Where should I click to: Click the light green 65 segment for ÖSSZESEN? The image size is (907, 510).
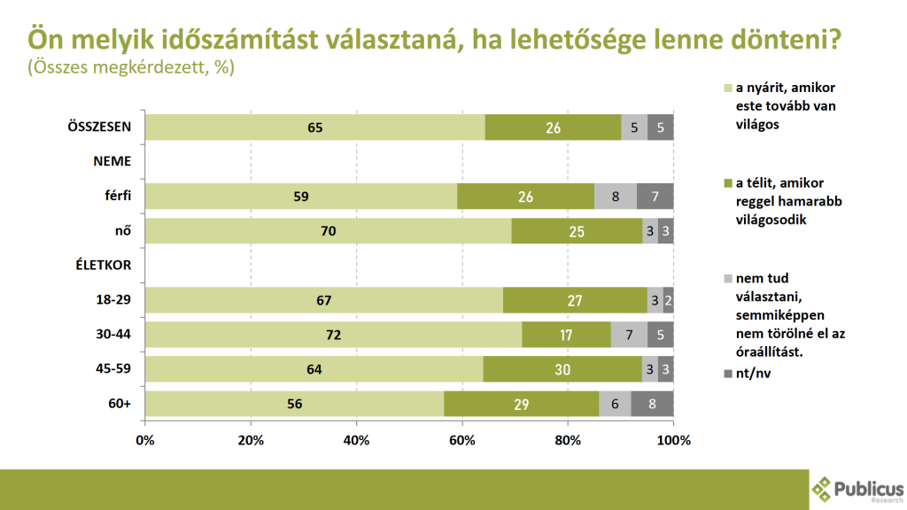click(x=314, y=127)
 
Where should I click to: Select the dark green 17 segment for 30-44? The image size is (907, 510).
click(x=566, y=335)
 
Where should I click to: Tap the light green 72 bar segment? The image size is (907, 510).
click(x=333, y=335)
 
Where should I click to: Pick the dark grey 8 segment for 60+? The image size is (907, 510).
click(x=652, y=404)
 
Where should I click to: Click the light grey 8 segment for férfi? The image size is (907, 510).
click(x=615, y=197)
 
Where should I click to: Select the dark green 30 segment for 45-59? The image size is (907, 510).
click(x=562, y=369)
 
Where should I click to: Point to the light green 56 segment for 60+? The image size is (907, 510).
click(x=294, y=404)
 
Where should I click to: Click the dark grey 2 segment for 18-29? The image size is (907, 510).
click(x=668, y=300)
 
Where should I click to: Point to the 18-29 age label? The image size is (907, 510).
click(x=114, y=300)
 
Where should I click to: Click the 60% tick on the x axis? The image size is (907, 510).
click(x=461, y=440)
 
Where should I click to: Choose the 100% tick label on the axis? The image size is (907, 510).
click(x=674, y=440)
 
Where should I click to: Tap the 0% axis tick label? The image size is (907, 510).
click(x=145, y=440)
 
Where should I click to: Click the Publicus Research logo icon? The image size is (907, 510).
click(x=823, y=489)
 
